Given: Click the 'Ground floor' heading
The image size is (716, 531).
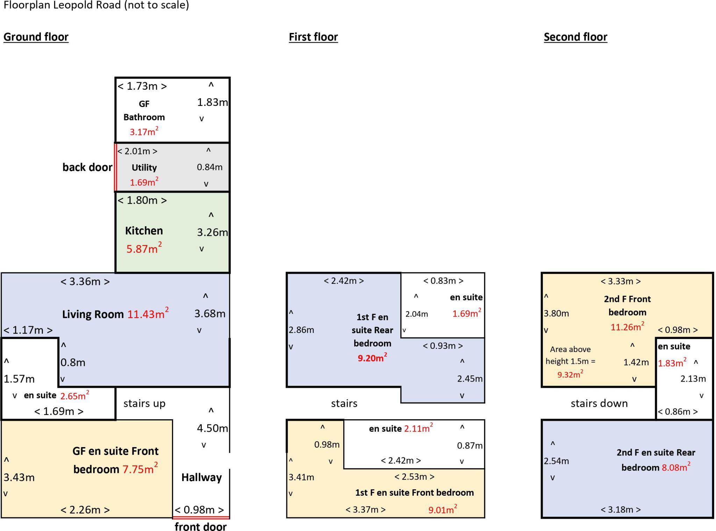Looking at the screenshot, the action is (36, 37).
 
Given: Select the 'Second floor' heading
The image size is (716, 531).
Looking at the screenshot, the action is (575, 37).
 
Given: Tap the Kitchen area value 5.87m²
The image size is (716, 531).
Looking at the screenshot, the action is (144, 248).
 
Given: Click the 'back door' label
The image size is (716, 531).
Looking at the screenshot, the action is (87, 167).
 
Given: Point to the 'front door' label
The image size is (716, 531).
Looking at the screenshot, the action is (201, 526).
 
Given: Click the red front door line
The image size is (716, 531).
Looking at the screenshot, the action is (201, 517).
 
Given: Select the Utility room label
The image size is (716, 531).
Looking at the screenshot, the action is (144, 167).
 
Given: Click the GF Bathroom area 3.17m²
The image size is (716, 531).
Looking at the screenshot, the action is (144, 131).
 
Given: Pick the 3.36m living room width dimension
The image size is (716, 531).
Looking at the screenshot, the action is (85, 281).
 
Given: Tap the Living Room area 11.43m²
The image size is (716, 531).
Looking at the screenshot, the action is (148, 313).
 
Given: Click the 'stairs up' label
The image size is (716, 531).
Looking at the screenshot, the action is (144, 403).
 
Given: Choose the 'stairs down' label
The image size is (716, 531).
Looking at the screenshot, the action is (599, 403).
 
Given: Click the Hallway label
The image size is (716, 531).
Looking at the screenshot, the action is (201, 478).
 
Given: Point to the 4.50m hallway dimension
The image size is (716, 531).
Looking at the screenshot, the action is (212, 428).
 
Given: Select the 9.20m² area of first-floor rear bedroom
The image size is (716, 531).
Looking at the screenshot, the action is (372, 358).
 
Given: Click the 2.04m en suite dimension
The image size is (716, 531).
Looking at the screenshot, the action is (417, 314).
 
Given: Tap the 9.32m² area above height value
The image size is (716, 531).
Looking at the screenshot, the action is (570, 374).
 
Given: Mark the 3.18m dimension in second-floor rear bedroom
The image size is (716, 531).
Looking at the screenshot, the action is (621, 510).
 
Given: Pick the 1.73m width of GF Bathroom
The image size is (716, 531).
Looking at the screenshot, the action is (142, 86).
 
